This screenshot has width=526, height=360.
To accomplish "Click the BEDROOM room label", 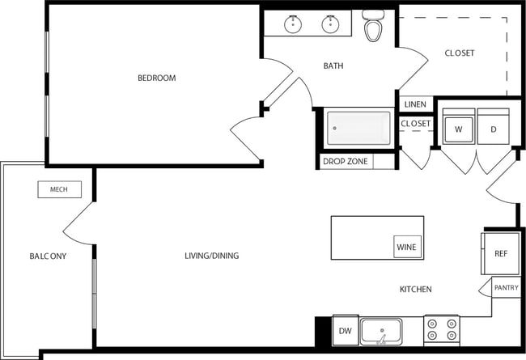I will pos(156,78).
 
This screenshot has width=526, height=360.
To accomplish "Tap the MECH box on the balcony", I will pos(59,189).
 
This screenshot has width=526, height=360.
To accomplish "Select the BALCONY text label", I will pos(48,256).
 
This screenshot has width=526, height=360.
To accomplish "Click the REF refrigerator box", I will pos(500,254).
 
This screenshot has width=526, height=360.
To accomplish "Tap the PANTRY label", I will pos(506,287).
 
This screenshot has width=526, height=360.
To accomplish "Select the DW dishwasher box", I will pos(345,330).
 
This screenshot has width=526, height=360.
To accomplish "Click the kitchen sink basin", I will pos(381,331).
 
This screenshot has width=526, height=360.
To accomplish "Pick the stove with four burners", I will pos(441,330).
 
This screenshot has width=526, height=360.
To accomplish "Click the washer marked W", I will pos(458,129).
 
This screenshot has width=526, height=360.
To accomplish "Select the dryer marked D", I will pos(493,129).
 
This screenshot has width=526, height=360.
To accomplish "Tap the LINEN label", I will pos(414,104).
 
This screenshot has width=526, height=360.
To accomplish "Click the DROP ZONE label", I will pos(346,162).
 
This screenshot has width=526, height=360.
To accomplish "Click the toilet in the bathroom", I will pos(373,28).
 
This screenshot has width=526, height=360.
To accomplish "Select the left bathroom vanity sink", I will pos(293,25).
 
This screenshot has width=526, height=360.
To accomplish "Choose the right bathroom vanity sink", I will pos(330,25).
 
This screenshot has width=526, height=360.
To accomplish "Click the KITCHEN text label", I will pos(415,289).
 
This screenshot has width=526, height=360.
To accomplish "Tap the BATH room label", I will pos(333,66).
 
